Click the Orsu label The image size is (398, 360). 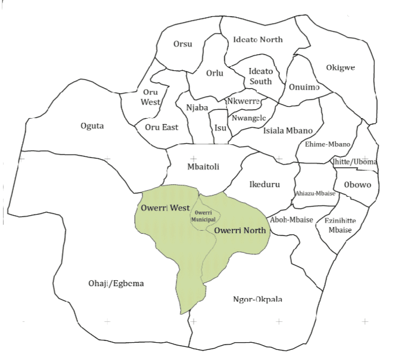[182, 45]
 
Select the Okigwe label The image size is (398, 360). [340, 67]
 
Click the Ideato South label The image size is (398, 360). [260, 76]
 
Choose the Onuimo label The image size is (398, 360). [304, 87]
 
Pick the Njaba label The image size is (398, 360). [197, 108]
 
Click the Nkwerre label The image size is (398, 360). [243, 101]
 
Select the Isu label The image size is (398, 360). [220, 128]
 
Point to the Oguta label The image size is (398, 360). [92, 126]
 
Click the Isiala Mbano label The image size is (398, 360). [288, 130]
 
